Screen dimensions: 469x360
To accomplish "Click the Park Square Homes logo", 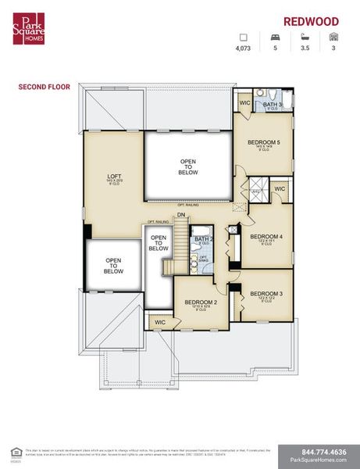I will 28,28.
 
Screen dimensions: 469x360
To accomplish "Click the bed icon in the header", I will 275,37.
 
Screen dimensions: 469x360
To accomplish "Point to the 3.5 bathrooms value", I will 304,48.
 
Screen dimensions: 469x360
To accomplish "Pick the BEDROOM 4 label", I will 266,235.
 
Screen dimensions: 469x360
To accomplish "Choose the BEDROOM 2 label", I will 200,302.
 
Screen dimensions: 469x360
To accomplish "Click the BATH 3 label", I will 272,104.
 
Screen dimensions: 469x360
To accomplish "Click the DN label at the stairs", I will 181,215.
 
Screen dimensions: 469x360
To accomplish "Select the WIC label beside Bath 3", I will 244,102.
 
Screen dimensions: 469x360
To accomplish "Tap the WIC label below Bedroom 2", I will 160,321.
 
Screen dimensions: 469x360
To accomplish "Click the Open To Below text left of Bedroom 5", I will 188,166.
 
